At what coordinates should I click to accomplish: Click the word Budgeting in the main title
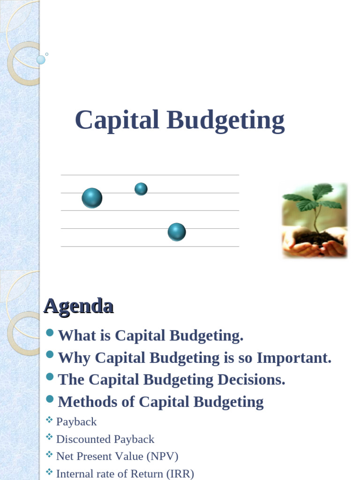225,120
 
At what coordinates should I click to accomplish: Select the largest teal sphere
92,198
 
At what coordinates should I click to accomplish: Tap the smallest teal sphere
141,189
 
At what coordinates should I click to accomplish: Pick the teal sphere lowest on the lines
177,232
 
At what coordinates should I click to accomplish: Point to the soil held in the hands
317,239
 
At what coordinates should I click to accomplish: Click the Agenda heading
78,306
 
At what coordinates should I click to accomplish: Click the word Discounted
81,439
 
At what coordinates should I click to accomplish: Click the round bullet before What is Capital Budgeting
50,333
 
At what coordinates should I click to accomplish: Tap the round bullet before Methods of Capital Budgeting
50,399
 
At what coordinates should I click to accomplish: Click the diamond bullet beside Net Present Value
49,455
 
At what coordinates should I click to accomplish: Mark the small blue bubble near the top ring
41,60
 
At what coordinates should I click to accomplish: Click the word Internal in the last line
74,474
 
